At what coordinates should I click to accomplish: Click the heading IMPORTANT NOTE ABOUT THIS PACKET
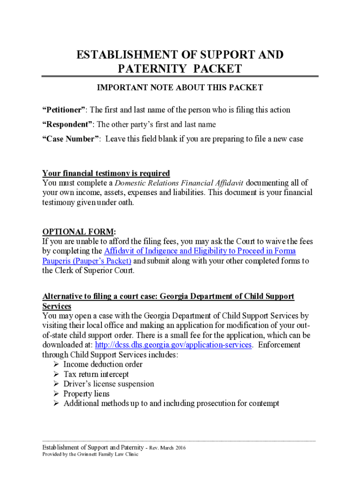[180, 87]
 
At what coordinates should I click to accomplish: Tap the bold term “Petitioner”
[64, 110]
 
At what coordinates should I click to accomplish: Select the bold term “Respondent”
[68, 124]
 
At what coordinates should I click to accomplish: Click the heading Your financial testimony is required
[106, 173]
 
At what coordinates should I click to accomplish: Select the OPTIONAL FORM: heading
[79, 232]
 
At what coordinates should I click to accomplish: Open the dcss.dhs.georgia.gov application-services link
[174, 345]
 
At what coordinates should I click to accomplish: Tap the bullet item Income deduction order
[103, 364]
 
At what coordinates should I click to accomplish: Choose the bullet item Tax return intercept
[96, 374]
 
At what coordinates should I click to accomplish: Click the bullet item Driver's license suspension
[108, 384]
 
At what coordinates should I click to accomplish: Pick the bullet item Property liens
[86, 394]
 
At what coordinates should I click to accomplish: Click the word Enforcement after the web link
[279, 345]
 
